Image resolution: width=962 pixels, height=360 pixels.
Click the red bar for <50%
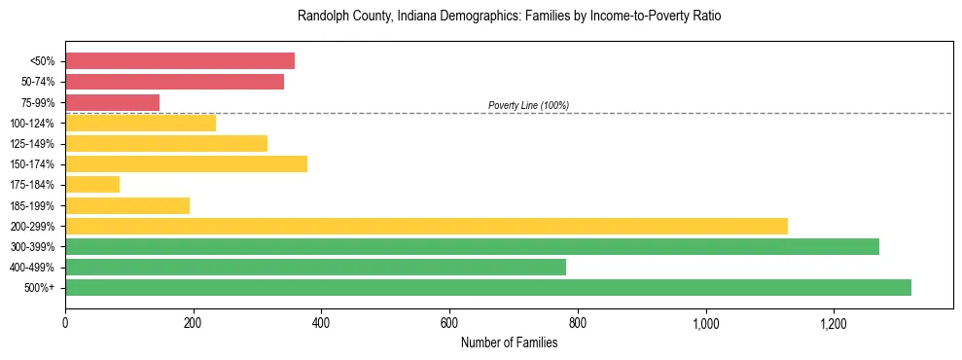(x=180, y=61)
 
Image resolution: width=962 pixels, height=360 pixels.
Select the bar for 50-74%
(x=174, y=82)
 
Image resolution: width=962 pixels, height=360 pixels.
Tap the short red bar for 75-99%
(x=112, y=102)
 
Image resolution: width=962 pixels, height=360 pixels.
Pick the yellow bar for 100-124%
(x=140, y=123)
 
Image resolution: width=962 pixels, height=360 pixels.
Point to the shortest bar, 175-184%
(x=92, y=184)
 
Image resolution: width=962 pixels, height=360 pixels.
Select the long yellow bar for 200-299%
(x=426, y=226)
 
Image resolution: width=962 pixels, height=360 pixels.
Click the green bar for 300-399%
(x=472, y=246)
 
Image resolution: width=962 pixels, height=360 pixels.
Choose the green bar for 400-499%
(x=315, y=267)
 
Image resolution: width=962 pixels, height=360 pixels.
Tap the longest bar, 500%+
(x=488, y=287)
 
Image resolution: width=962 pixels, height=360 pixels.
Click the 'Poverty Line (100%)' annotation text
(x=528, y=105)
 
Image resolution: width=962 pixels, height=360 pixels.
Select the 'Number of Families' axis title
(x=509, y=342)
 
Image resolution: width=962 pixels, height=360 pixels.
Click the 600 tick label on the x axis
(x=449, y=322)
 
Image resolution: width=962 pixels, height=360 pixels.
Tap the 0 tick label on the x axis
(x=65, y=322)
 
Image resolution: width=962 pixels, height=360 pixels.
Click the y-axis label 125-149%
(x=32, y=144)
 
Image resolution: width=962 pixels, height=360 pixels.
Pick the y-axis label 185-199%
(x=32, y=205)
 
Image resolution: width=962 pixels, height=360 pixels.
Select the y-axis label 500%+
(x=39, y=288)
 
